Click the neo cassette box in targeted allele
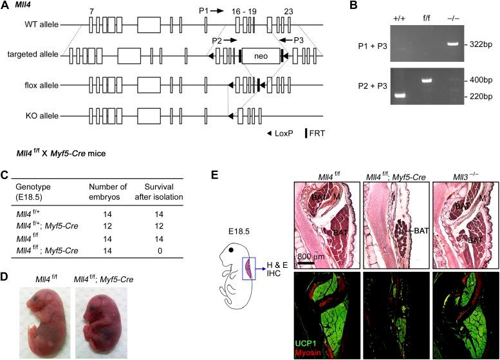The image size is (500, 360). pos(260,57)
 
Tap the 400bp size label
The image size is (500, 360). pos(478,81)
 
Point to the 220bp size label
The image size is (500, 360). pos(478,97)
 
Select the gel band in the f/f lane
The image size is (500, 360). pos(425,81)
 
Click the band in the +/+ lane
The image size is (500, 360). pos(399,97)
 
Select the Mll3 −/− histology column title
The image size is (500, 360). pos(461,175)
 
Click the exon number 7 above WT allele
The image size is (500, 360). pos(93,11)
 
